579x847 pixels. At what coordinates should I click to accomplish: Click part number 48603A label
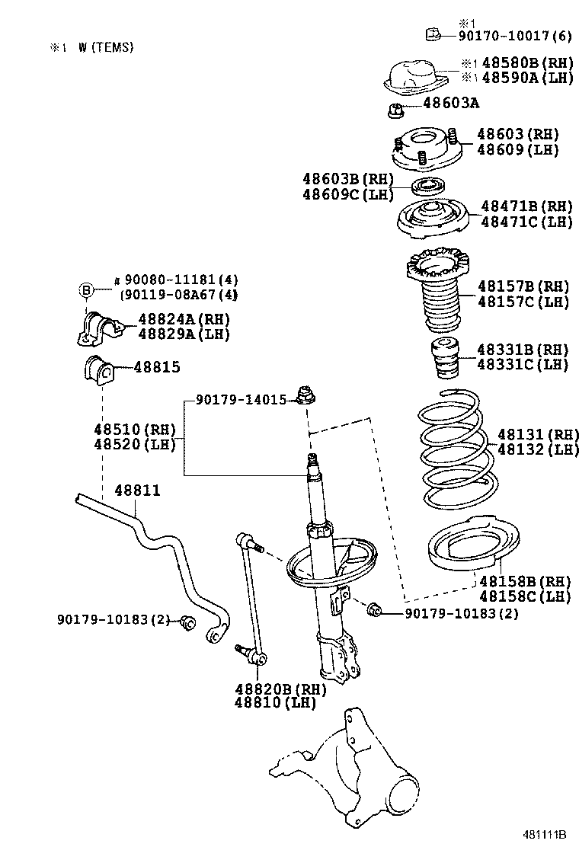pyautogui.click(x=453, y=103)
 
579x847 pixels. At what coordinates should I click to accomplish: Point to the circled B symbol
pyautogui.click(x=87, y=289)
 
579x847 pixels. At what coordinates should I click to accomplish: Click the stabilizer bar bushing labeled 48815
pyautogui.click(x=98, y=369)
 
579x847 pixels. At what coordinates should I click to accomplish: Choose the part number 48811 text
pyautogui.click(x=138, y=491)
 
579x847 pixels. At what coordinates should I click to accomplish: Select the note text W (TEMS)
pyautogui.click(x=105, y=47)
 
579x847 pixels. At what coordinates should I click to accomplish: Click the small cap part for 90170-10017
pyautogui.click(x=431, y=34)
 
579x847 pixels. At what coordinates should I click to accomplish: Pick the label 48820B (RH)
pyautogui.click(x=280, y=689)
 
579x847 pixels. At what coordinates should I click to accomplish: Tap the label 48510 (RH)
pyautogui.click(x=135, y=429)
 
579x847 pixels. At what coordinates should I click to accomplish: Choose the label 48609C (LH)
pyautogui.click(x=347, y=194)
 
